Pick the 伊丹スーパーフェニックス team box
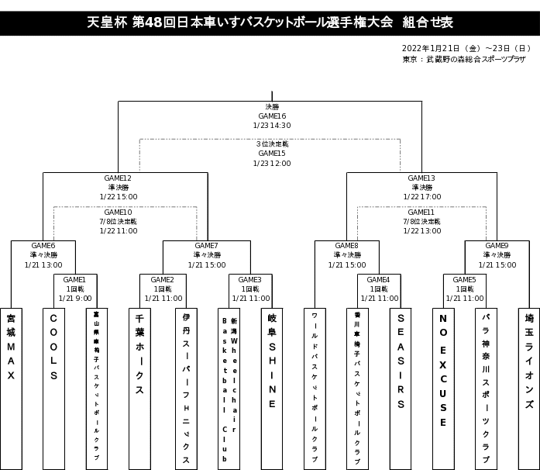(186, 388)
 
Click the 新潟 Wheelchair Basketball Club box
(229, 388)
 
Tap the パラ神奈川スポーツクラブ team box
(486, 388)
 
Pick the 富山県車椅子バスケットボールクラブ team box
(96, 388)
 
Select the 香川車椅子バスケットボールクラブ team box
(357, 388)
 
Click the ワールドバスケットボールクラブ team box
(315, 388)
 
